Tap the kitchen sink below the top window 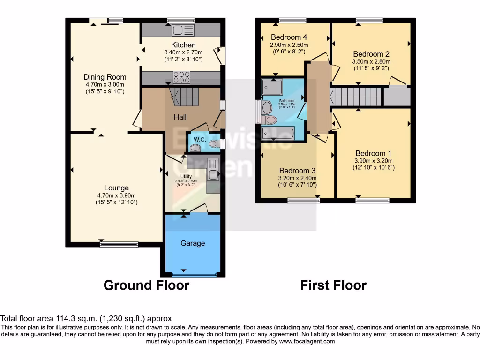(x=183, y=30)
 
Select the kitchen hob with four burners (x=182, y=77)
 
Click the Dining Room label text (x=105, y=77)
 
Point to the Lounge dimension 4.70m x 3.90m (x=116, y=195)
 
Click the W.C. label (x=200, y=139)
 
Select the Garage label (x=193, y=243)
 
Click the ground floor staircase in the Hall (x=184, y=97)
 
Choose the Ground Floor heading (x=146, y=285)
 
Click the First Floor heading (x=333, y=285)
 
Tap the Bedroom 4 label (x=289, y=37)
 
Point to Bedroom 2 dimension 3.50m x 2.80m (x=371, y=61)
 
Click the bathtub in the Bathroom (x=278, y=134)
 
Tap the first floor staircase (x=357, y=97)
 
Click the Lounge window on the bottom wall (x=119, y=244)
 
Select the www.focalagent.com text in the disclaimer (x=307, y=342)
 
